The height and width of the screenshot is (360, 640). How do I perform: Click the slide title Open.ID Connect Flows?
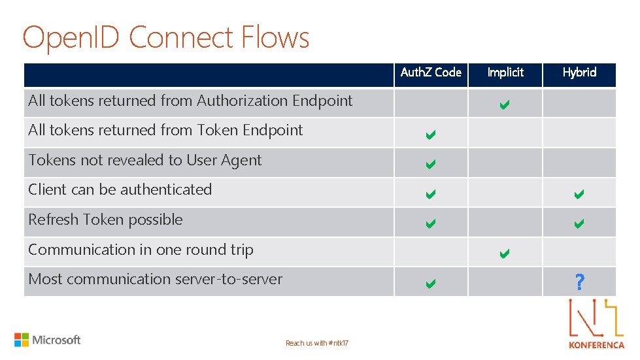[x=166, y=37]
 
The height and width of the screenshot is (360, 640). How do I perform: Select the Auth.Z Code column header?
[x=431, y=73]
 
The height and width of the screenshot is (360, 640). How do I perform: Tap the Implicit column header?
[x=505, y=73]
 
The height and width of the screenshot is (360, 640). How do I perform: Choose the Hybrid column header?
[x=579, y=73]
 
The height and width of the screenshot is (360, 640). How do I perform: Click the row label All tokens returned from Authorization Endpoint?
[x=190, y=101]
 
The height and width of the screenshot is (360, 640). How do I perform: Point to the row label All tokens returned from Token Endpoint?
[x=165, y=130]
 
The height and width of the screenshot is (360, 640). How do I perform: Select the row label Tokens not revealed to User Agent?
[x=144, y=160]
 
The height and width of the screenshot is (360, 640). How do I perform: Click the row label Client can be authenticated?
[x=120, y=189]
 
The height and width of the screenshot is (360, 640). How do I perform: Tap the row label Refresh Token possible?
[x=105, y=220]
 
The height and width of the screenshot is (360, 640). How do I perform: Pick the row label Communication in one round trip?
[x=141, y=250]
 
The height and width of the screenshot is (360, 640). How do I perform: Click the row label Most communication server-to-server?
[x=155, y=279]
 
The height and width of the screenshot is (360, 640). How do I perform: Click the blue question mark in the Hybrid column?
[x=579, y=283]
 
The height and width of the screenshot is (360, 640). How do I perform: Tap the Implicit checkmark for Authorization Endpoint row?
[x=505, y=104]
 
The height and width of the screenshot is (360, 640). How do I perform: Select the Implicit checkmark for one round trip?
[x=505, y=254]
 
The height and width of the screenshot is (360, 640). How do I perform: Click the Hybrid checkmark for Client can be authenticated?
[x=579, y=194]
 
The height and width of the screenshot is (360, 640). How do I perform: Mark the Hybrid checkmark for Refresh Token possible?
[x=579, y=224]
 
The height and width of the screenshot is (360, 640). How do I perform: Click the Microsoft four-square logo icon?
[x=22, y=340]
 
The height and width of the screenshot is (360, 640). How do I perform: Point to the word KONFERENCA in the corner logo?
[x=596, y=345]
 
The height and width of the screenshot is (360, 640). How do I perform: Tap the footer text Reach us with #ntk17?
[x=317, y=344]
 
